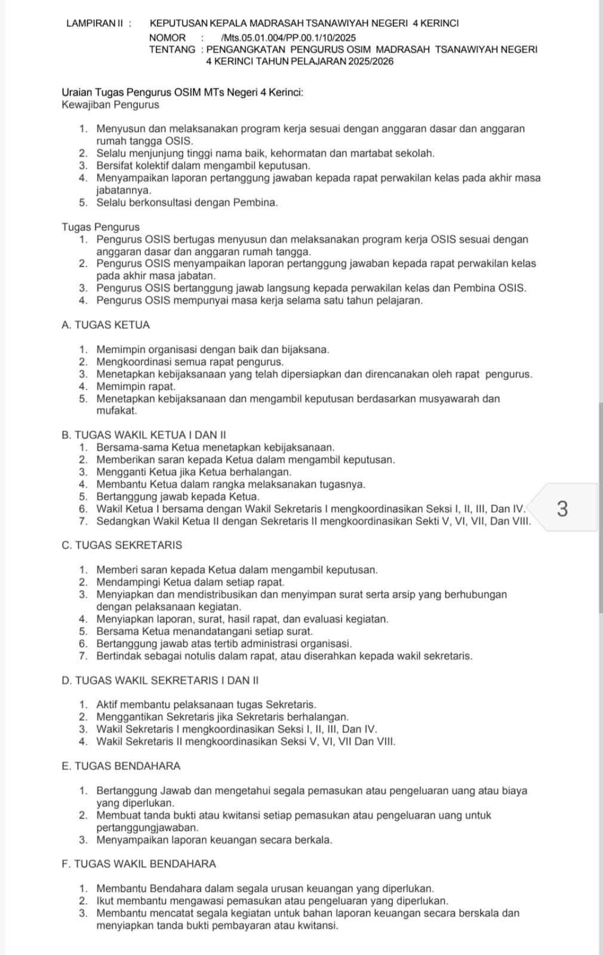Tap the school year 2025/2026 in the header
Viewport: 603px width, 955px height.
click(x=371, y=61)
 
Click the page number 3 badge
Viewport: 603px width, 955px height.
click(x=562, y=509)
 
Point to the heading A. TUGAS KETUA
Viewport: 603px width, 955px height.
click(x=106, y=325)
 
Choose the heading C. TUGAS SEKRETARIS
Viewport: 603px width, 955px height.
click(x=122, y=546)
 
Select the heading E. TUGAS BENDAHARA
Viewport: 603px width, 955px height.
click(x=121, y=766)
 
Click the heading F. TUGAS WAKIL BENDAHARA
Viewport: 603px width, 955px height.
click(x=139, y=864)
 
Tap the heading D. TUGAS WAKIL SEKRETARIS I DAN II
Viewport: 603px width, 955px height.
click(x=160, y=680)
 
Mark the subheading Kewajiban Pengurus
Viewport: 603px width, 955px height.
click(x=110, y=105)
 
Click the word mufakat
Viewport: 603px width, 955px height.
click(x=116, y=411)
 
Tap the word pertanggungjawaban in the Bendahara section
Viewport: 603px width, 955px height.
click(x=147, y=828)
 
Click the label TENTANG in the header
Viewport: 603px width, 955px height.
click(x=172, y=50)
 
